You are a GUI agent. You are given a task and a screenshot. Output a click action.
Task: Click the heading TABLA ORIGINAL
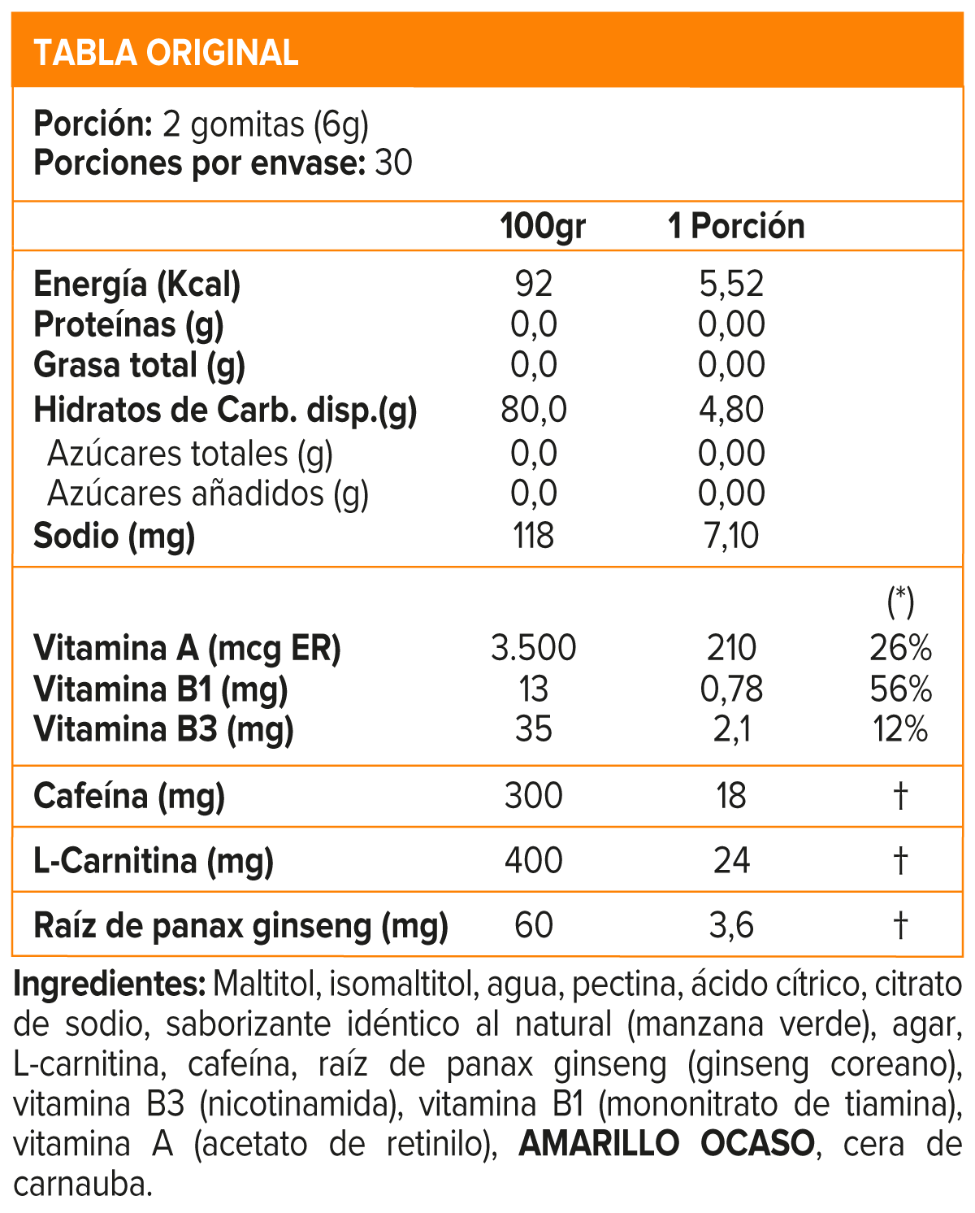click(x=166, y=53)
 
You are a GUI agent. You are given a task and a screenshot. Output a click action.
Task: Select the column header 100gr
click(x=543, y=226)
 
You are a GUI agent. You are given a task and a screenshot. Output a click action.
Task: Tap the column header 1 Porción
click(x=735, y=226)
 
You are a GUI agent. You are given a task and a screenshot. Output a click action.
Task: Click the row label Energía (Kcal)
click(x=136, y=285)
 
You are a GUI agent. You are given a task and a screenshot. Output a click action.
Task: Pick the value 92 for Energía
click(x=534, y=285)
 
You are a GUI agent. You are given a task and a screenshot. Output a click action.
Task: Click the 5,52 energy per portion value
click(x=731, y=285)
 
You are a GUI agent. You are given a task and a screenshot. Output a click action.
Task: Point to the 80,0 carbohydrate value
click(x=534, y=410)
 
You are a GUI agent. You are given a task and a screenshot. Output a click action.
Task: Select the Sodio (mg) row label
click(x=114, y=537)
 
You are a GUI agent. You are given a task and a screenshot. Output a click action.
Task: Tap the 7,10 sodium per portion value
click(x=731, y=537)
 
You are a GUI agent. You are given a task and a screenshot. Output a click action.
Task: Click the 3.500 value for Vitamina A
click(x=534, y=649)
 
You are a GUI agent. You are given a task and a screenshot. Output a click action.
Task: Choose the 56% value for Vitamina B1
click(x=900, y=689)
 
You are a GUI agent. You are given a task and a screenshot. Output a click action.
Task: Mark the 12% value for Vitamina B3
click(x=900, y=729)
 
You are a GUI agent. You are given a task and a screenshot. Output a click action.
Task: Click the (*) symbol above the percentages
click(x=900, y=602)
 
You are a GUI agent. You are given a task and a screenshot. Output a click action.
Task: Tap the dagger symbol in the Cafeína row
click(x=900, y=796)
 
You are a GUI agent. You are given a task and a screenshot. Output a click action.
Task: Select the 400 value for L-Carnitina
click(x=534, y=860)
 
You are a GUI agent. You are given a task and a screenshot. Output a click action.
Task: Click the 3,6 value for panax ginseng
click(x=731, y=925)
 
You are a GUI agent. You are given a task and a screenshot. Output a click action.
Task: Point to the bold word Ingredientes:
click(x=110, y=985)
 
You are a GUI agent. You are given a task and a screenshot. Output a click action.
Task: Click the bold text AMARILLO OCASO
click(x=666, y=1144)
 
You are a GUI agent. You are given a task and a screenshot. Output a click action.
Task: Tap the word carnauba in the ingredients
click(x=83, y=1185)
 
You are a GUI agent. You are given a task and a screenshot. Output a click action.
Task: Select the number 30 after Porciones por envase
click(x=393, y=163)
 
